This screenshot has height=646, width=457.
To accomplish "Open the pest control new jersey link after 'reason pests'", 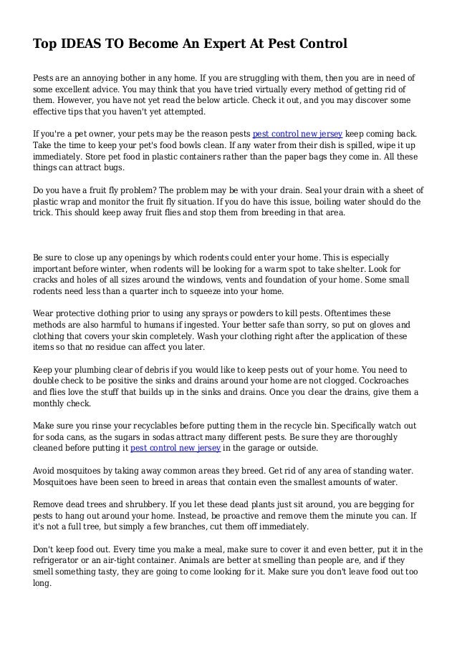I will [299, 134].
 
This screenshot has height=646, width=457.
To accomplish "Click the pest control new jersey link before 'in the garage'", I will [175, 448].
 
